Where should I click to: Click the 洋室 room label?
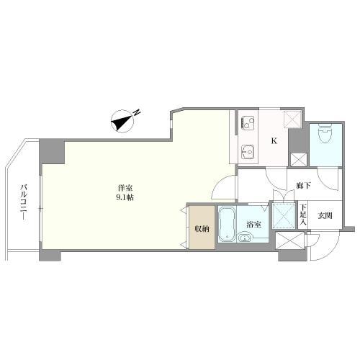click(x=125, y=187)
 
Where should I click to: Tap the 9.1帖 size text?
click(x=125, y=198)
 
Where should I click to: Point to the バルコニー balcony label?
click(x=24, y=202)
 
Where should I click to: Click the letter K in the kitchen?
click(x=274, y=141)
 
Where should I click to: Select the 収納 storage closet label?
click(x=202, y=229)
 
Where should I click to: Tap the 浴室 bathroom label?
click(x=253, y=225)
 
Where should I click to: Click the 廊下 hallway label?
click(x=304, y=185)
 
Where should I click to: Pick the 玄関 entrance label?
click(x=325, y=216)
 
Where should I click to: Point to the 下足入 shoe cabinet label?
click(x=303, y=215)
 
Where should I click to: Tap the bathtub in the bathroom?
click(x=227, y=224)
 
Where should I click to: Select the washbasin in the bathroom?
click(x=245, y=238)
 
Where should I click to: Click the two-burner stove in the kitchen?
click(x=248, y=123)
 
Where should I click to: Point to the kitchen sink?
click(x=248, y=152)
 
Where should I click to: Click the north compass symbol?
click(x=122, y=121)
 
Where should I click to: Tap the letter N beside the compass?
click(x=137, y=112)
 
